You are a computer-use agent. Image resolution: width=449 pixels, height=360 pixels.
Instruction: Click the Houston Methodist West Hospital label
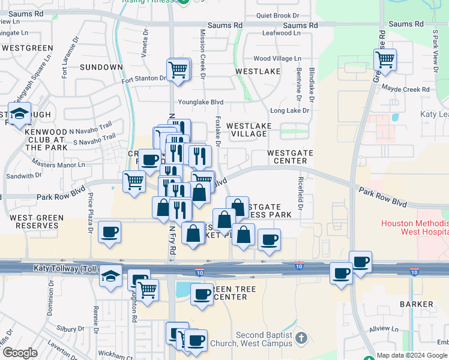[x=414, y=227]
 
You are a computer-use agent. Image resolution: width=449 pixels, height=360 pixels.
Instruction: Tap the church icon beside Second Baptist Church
[x=301, y=338]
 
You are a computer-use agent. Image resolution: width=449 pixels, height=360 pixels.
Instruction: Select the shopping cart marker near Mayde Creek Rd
[x=384, y=60]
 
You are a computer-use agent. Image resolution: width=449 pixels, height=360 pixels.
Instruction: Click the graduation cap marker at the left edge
[x=20, y=114]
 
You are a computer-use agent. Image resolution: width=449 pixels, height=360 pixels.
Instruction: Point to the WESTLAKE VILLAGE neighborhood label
[x=249, y=130]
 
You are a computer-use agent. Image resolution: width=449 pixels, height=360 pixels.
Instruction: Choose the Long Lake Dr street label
[x=289, y=110]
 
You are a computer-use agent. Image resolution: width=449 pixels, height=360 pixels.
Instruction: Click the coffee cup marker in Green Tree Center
[x=202, y=294]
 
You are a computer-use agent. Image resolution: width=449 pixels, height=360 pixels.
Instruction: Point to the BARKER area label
[x=417, y=304]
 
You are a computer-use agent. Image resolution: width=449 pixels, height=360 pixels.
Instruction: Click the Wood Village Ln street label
[x=277, y=59]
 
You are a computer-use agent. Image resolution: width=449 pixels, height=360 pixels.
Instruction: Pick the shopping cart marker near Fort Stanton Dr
[x=178, y=69]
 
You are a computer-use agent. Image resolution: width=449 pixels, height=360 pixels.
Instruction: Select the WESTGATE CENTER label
[x=291, y=157]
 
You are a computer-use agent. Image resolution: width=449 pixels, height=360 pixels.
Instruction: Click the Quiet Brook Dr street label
[x=277, y=16]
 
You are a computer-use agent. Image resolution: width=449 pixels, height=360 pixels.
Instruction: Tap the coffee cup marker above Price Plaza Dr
[x=109, y=232]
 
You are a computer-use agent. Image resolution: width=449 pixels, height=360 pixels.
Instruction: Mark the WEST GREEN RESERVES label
[x=33, y=221]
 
